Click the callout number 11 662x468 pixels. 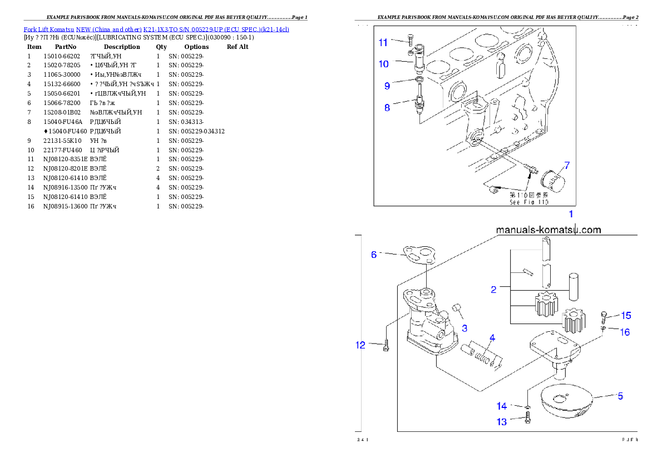click(x=383, y=43)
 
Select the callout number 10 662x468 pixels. click(x=384, y=64)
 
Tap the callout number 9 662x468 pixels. click(x=387, y=86)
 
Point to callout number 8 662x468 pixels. click(x=387, y=108)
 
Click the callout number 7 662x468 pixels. click(x=567, y=165)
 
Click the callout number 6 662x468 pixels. click(x=374, y=255)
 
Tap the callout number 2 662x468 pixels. click(x=493, y=290)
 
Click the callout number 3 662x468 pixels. click(x=465, y=328)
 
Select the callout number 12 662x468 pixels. click(x=360, y=345)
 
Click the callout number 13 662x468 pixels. click(x=502, y=422)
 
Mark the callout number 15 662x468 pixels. click(x=626, y=316)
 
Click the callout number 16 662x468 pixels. click(x=625, y=332)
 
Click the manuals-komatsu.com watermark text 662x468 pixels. click(x=547, y=230)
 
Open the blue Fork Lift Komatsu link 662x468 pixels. click(x=156, y=29)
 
